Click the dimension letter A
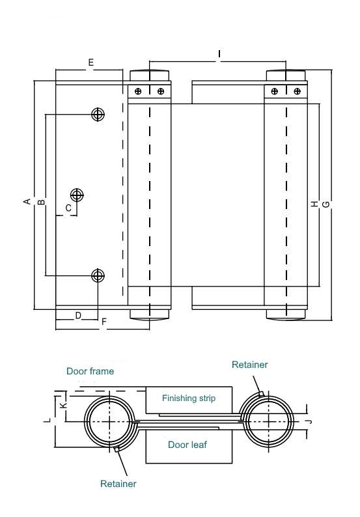(27, 201)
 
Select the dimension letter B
(41, 202)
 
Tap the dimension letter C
(68, 208)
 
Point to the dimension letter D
(78, 316)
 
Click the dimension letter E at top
(91, 63)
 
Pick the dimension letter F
(104, 322)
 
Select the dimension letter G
(325, 204)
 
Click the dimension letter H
(315, 204)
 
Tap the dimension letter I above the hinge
(219, 53)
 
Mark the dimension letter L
(48, 421)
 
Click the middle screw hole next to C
(77, 195)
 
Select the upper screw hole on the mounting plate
(98, 115)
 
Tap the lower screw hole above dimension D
(98, 275)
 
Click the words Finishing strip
(189, 398)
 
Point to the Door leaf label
(187, 445)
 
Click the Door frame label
(90, 371)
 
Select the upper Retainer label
(249, 365)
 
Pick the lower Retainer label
(118, 484)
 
